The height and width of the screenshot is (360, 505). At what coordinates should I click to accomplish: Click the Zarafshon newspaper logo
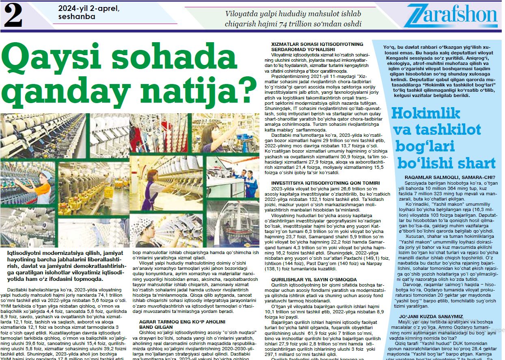tap(450, 17)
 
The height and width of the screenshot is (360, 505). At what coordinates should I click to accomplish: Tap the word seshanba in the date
tap(77, 17)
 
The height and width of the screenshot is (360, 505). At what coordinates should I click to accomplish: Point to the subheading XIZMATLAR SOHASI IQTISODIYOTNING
tap(317, 44)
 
